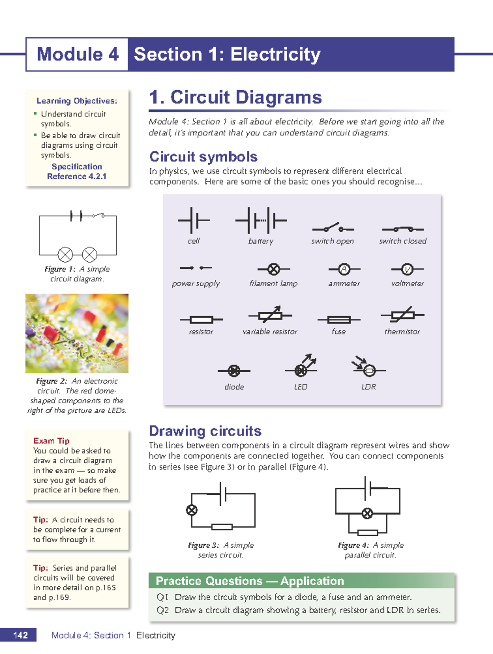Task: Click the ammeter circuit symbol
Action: pos(344,269)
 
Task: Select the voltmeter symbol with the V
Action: pos(407,269)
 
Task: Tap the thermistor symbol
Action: pos(403,315)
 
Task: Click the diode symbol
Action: pos(234,370)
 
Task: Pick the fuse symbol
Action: pos(339,319)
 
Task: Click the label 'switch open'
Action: pos(332,241)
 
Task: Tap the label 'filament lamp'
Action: pos(273,284)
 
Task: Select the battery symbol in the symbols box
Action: pos(261,220)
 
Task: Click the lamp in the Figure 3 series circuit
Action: pos(192,510)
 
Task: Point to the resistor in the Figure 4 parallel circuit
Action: pos(368,533)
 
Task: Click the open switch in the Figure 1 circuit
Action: pos(99,215)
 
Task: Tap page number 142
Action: pos(20,635)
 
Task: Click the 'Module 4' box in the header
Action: pos(77,54)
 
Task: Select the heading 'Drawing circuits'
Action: pos(205,431)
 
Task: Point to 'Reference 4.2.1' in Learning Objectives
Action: pos(76,176)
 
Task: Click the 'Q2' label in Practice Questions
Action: pos(163,610)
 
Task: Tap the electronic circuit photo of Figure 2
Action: pos(77,333)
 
